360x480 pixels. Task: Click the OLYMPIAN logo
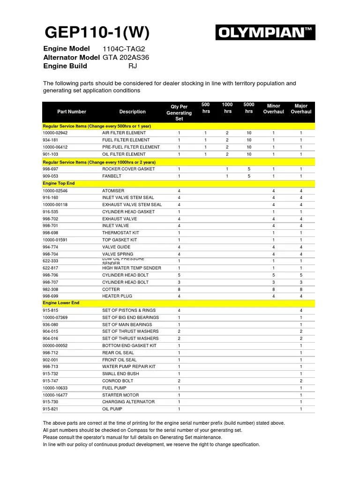(265, 33)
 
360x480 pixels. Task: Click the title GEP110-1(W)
(97, 32)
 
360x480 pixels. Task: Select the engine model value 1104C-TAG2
(121, 49)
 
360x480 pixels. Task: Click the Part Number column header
(72, 112)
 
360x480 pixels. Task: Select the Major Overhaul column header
(301, 109)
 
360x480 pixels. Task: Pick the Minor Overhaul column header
(273, 109)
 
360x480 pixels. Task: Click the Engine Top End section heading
(59, 183)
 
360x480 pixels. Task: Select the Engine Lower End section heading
(61, 303)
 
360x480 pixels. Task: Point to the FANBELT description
(112, 176)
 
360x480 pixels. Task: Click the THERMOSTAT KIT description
(120, 233)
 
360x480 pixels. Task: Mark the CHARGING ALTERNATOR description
(128, 402)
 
